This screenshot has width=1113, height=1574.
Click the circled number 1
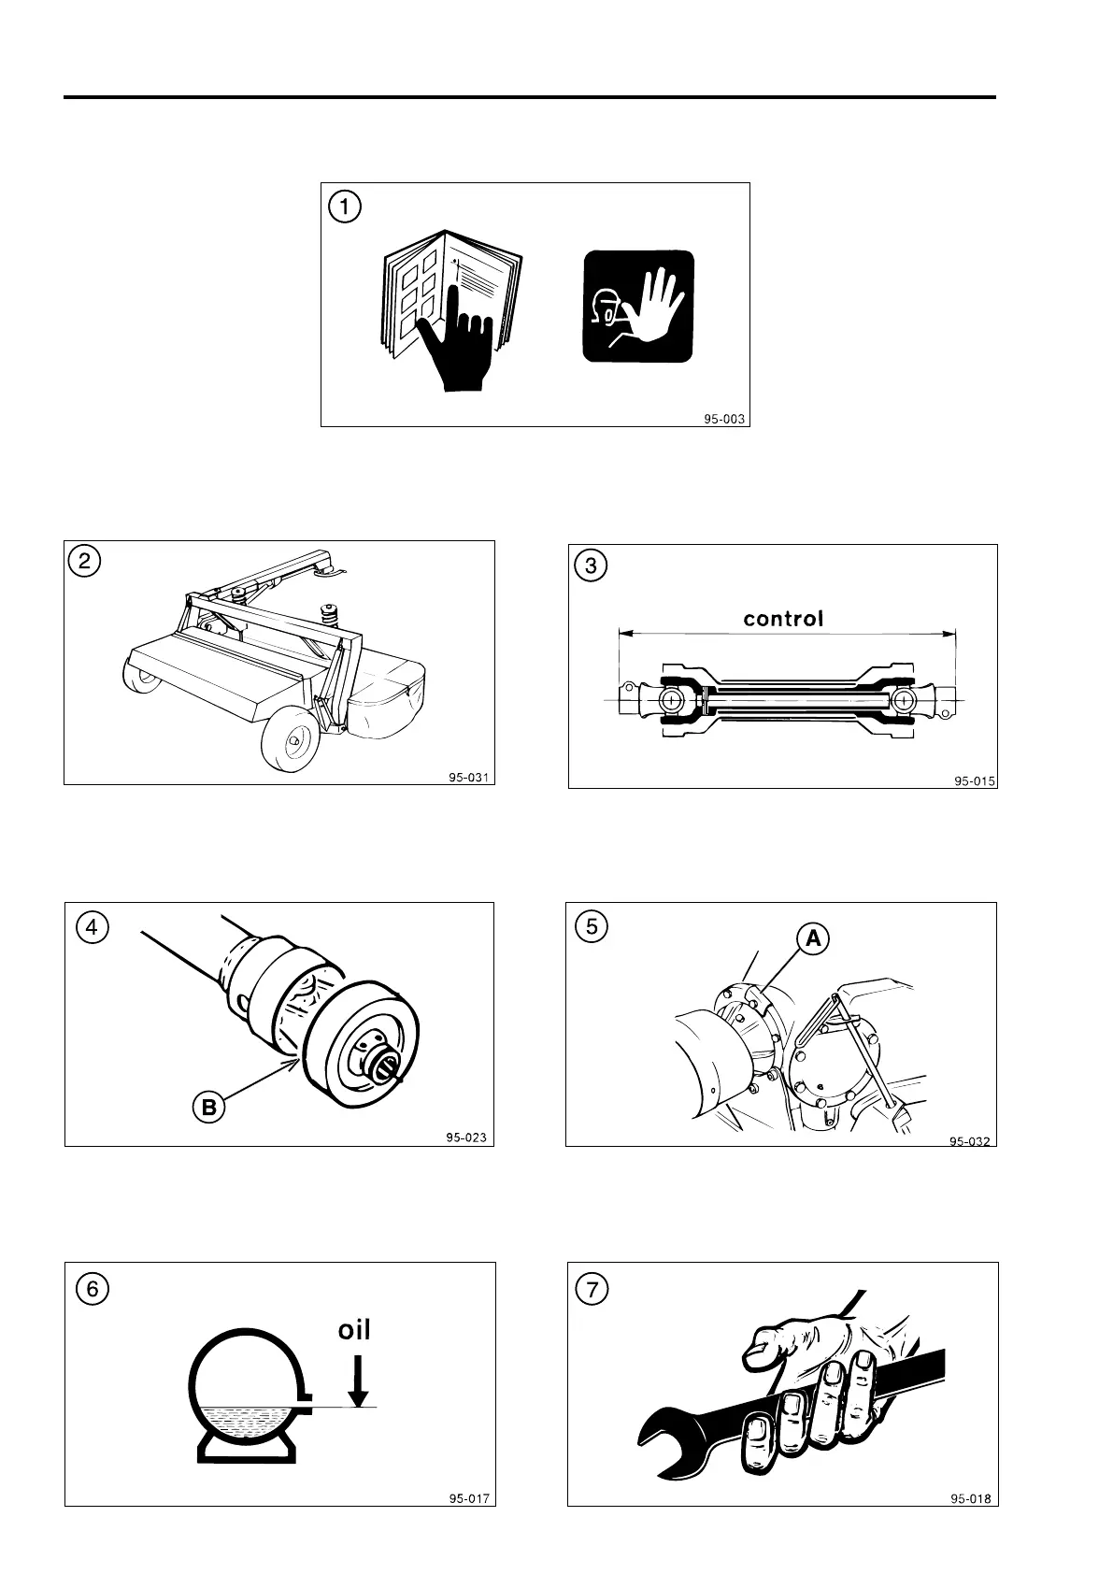(344, 206)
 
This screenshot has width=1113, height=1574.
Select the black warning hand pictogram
(638, 306)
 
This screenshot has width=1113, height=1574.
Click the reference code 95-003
(724, 420)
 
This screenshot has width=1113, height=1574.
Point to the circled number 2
(85, 562)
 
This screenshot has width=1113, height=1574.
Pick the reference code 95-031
(467, 777)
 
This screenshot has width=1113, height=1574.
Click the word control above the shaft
(783, 619)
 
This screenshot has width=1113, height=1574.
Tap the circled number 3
(591, 565)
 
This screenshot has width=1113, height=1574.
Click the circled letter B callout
(207, 1108)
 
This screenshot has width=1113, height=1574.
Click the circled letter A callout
(813, 938)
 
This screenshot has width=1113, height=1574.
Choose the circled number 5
(591, 926)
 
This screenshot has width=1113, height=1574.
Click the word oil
(354, 1328)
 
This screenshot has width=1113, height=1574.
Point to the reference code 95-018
(971, 1499)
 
